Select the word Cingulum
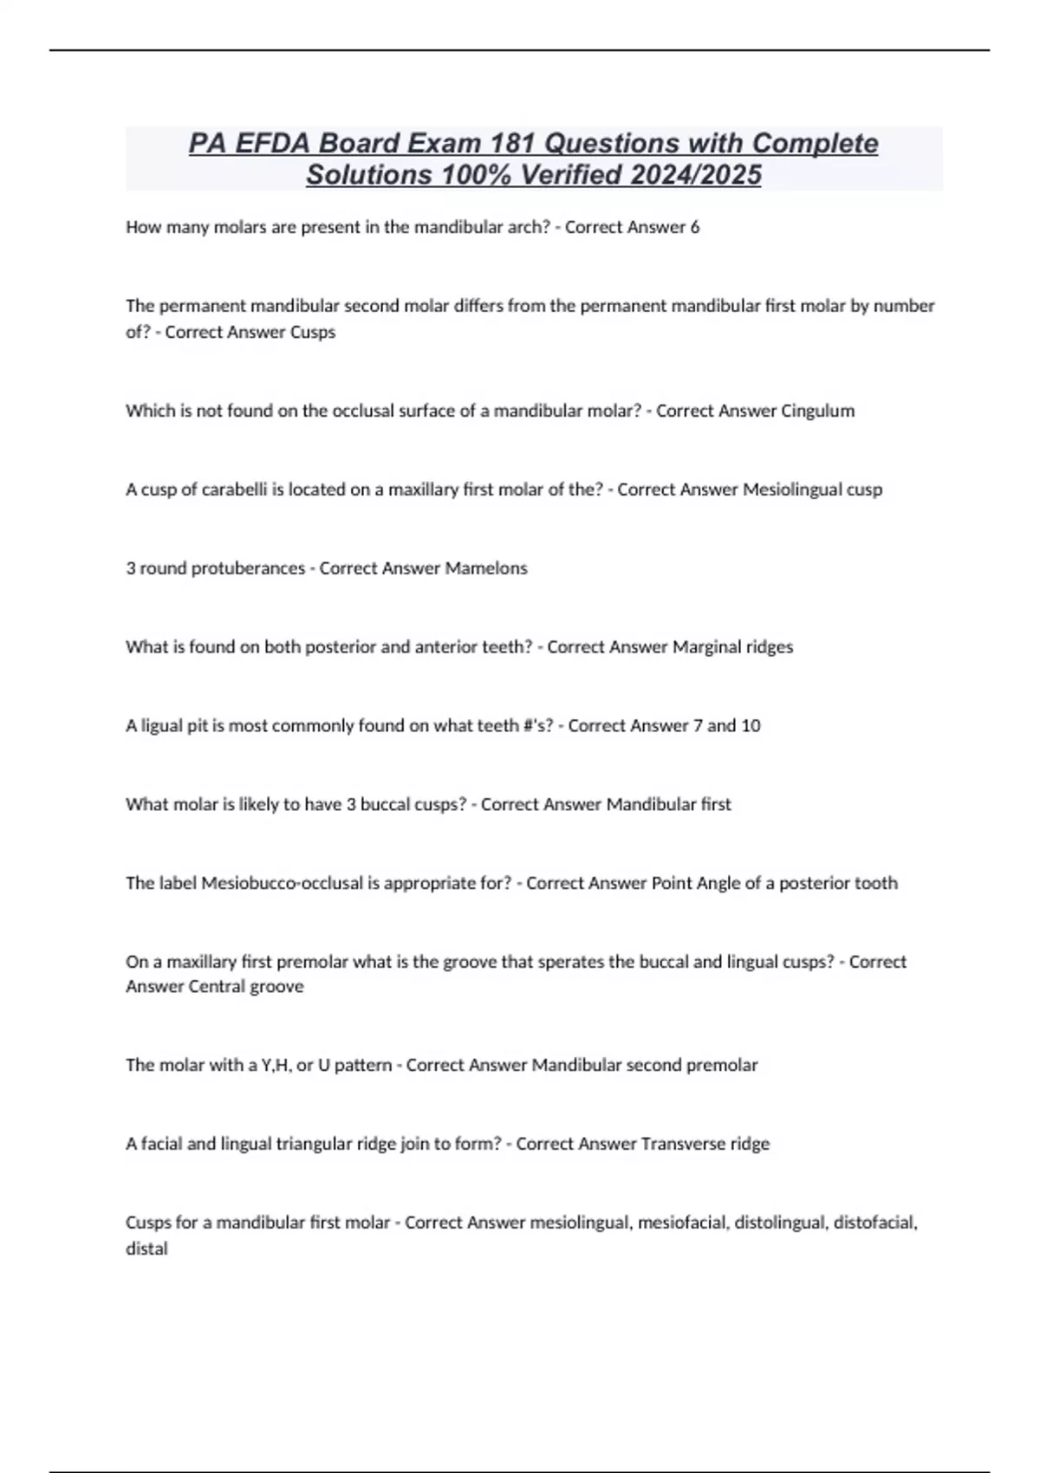[817, 411]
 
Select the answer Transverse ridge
[705, 1144]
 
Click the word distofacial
[874, 1223]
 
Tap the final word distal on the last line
[146, 1249]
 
